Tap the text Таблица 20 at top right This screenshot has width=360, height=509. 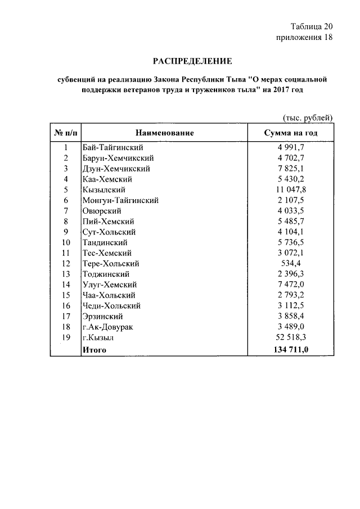(312, 26)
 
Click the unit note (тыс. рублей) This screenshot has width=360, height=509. (308, 118)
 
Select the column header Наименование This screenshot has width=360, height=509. (164, 133)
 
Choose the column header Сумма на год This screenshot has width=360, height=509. (291, 133)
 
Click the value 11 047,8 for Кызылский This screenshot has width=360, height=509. (291, 190)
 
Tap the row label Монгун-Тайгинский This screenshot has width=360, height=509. (120, 200)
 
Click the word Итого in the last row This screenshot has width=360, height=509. (94, 349)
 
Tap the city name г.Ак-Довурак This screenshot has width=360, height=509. (108, 327)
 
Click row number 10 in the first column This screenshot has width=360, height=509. (66, 242)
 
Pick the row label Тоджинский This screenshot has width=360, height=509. (106, 274)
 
